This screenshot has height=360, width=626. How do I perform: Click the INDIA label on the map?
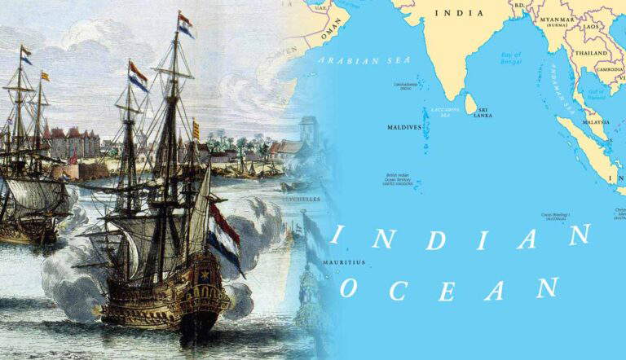[459, 13]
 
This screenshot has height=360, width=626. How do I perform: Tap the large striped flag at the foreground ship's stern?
[224, 237]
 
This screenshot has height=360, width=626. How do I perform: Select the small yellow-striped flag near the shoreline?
[195, 128]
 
